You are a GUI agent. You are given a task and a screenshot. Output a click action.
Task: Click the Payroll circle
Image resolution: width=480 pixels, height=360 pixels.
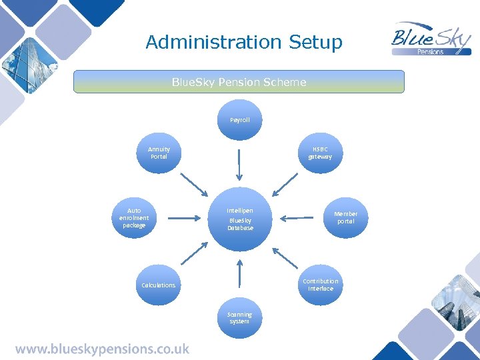coord(239,120)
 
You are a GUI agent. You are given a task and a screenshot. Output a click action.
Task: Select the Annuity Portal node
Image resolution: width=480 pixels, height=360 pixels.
coord(159,153)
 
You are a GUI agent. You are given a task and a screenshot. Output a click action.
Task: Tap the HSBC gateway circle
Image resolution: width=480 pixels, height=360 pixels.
coord(320,153)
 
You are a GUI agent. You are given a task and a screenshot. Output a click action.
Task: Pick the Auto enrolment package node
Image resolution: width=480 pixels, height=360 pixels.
coord(134,218)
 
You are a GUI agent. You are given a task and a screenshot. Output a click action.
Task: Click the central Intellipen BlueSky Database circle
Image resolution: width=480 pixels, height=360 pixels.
coord(240,219)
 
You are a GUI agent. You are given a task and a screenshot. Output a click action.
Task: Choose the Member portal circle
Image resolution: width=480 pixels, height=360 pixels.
coord(345,218)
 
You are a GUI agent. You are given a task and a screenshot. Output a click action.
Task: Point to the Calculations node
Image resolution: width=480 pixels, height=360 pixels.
coord(159,285)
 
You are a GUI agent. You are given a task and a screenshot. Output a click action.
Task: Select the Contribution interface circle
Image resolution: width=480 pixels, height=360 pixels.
coord(321,285)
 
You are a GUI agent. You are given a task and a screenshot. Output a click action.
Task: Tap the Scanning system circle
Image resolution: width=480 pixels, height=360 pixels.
coord(239,318)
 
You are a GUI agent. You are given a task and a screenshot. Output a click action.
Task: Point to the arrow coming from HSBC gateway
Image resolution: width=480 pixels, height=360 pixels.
coord(285,184)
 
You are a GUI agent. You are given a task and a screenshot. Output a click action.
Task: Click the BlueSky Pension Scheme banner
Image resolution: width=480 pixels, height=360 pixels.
coord(239,82)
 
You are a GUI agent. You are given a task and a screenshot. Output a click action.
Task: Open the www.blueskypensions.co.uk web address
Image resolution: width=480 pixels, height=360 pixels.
coord(102,349)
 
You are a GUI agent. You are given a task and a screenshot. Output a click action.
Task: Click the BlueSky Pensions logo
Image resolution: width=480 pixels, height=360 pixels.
coord(431,39)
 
